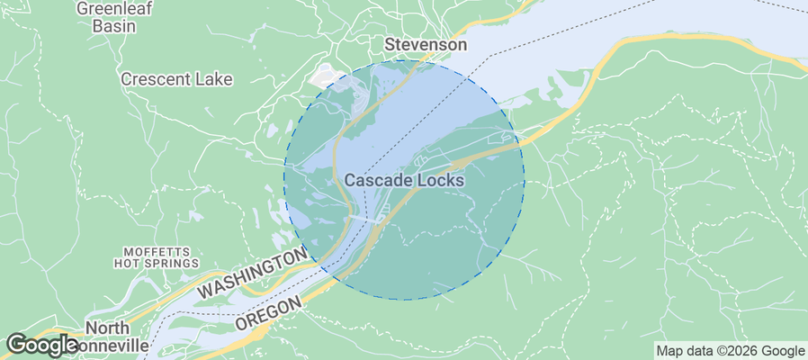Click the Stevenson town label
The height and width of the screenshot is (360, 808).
(426, 44)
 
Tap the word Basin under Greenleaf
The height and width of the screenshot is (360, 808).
(113, 26)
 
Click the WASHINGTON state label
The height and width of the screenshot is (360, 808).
(253, 275)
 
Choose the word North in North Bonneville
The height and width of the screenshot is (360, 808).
(107, 328)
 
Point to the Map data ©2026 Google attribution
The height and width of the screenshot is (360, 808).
(730, 351)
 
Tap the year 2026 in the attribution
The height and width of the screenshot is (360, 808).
(739, 351)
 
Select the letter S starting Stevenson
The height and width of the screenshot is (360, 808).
(390, 44)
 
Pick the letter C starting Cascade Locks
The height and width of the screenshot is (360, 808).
(350, 180)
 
